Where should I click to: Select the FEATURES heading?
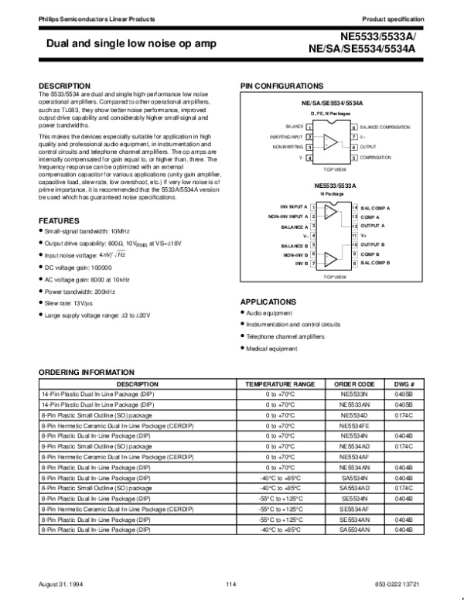pyautogui.click(x=58, y=221)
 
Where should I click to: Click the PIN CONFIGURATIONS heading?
pyautogui.click(x=282, y=85)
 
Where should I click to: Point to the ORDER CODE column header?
pyautogui.click(x=354, y=384)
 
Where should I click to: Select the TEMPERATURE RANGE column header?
pyautogui.click(x=280, y=384)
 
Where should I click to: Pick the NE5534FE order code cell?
pyautogui.click(x=354, y=425)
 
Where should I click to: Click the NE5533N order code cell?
pyautogui.click(x=354, y=394)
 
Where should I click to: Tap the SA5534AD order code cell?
pyautogui.click(x=354, y=489)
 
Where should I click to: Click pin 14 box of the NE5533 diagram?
pyautogui.click(x=354, y=208)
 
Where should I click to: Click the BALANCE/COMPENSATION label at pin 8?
pyautogui.click(x=385, y=126)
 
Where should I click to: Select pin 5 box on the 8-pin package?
pyautogui.click(x=353, y=157)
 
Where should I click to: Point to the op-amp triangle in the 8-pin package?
pyautogui.click(x=330, y=141)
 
